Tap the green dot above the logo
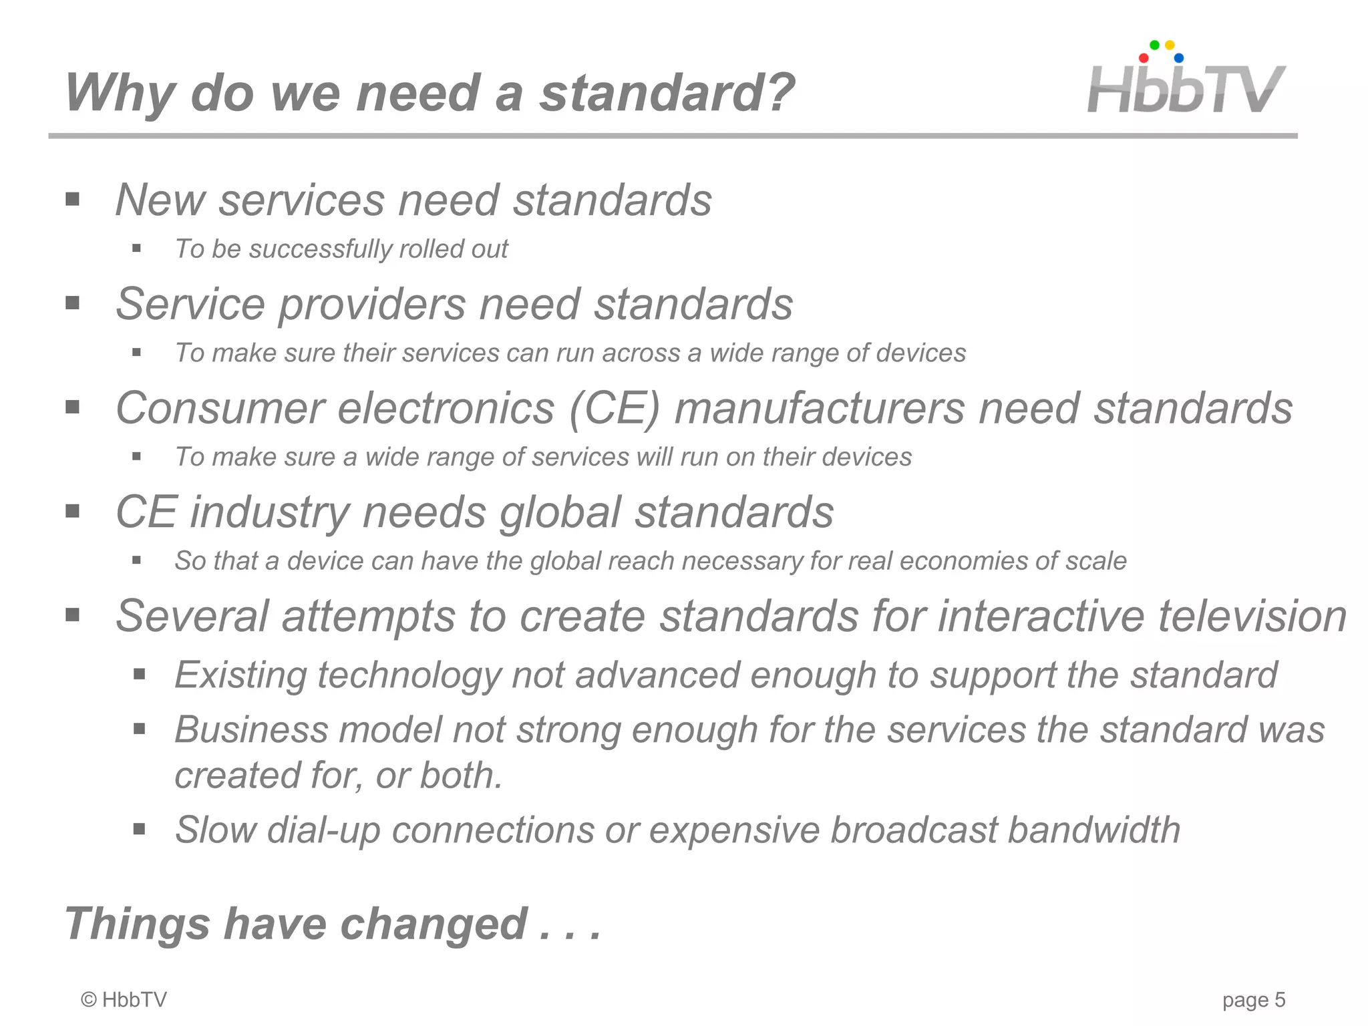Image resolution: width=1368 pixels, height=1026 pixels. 1154,45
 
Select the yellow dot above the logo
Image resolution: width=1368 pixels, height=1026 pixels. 1170,45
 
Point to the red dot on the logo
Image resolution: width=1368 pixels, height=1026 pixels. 1144,58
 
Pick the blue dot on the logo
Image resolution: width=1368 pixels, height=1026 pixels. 1179,58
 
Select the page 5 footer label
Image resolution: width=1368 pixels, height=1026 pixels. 1253,1000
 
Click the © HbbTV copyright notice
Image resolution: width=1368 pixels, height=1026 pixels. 124,1000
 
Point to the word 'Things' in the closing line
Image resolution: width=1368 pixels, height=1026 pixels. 137,924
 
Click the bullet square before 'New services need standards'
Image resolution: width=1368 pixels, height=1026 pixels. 73,199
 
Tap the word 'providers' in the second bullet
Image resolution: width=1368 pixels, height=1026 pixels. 371,305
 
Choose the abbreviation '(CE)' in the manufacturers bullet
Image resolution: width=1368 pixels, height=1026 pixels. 614,408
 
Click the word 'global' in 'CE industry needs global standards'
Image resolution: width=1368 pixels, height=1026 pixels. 560,512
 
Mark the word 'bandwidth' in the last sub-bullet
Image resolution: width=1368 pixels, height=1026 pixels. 1093,830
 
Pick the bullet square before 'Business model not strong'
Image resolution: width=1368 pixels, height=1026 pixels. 139,729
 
